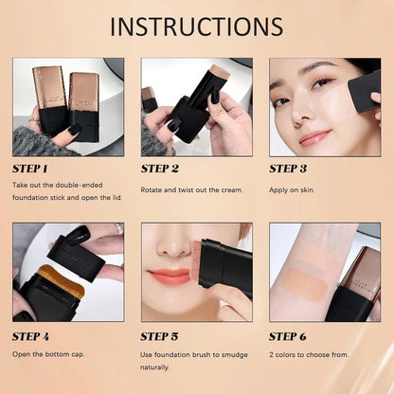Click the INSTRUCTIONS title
click(x=196, y=27)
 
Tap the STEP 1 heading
click(x=30, y=169)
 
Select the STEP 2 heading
click(x=160, y=169)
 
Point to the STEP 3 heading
click(x=288, y=169)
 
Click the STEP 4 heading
click(x=30, y=337)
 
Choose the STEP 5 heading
click(x=159, y=337)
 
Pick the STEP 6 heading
click(x=288, y=337)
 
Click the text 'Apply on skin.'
click(x=292, y=190)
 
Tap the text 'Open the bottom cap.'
click(x=48, y=354)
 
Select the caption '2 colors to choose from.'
click(x=309, y=354)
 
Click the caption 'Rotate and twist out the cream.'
click(x=192, y=190)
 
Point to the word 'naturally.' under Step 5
click(x=155, y=367)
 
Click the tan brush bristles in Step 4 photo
click(x=63, y=278)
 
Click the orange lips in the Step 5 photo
click(x=169, y=277)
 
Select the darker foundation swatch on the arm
click(x=305, y=284)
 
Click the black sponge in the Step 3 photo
click(x=364, y=92)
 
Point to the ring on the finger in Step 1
click(x=34, y=120)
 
